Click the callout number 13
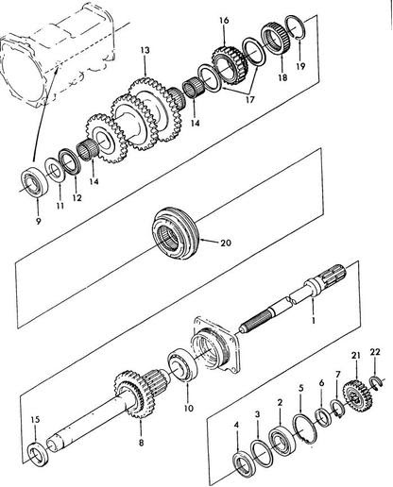click(145, 50)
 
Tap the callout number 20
click(226, 243)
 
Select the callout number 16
click(224, 21)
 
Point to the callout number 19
click(300, 66)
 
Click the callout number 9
click(38, 222)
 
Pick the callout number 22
click(375, 352)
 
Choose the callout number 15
click(36, 419)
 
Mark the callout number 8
click(141, 443)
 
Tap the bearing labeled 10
click(182, 366)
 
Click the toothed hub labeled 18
click(278, 39)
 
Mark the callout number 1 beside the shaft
click(314, 320)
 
